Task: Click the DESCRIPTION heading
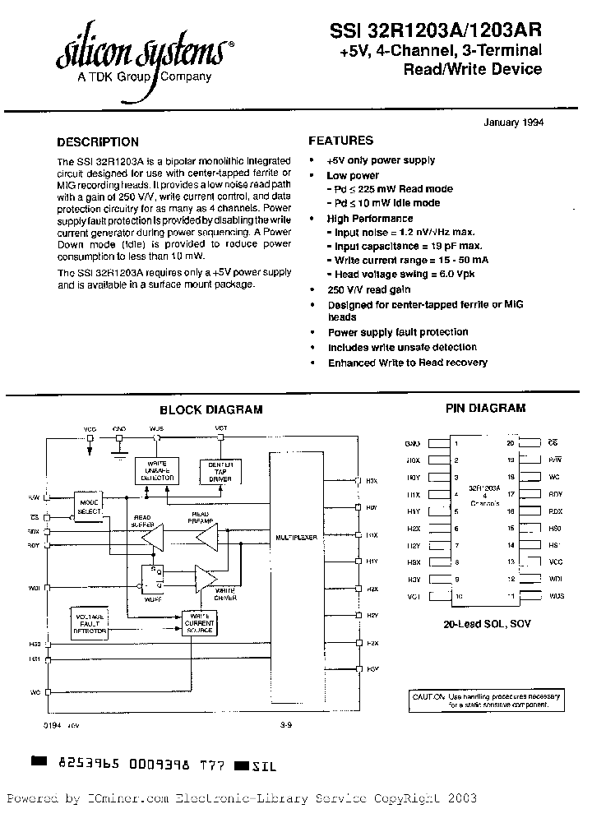[x=98, y=141]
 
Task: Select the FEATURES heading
[x=340, y=141]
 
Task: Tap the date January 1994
[x=509, y=122]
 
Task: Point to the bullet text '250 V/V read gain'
[x=369, y=289]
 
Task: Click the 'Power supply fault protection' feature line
[x=398, y=332]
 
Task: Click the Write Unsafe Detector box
[x=156, y=471]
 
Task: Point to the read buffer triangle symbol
[x=153, y=538]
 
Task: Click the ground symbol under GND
[x=119, y=448]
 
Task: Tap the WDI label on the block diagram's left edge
[x=35, y=587]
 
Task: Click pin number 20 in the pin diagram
[x=511, y=442]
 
